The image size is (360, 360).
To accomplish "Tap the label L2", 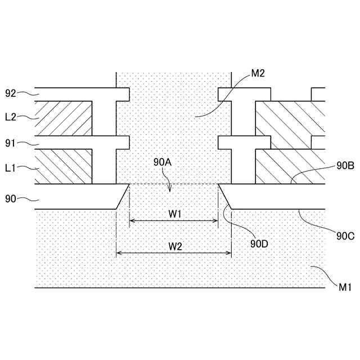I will coord(11,117).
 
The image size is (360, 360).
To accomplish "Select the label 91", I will coord(11,143).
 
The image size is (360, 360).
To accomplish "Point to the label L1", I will coord(11,168).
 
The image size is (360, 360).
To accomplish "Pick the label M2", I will coord(258,73).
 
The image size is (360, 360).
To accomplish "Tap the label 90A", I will coord(163,163).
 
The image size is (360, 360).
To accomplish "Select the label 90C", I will coord(345,236).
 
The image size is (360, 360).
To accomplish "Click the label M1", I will coord(345,287).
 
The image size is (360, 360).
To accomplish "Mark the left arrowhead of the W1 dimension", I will coord(132,222).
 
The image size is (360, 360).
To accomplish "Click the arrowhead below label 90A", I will coord(172,190).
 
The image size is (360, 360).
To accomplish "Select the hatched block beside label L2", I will coord(63,118).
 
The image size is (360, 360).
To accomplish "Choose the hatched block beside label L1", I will coord(63,166).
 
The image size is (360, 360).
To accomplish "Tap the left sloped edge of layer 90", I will coord(123,196).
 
